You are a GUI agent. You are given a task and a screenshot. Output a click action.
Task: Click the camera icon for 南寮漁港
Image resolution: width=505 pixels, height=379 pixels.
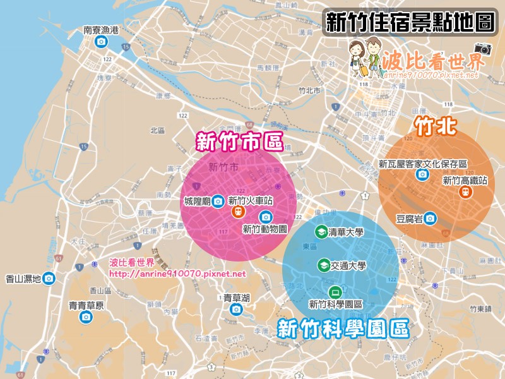pyautogui.click(x=101, y=42)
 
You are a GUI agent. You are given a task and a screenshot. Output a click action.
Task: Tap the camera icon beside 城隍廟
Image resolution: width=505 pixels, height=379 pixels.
pyautogui.click(x=217, y=201)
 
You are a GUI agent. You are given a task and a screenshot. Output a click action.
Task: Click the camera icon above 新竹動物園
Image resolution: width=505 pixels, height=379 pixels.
pyautogui.click(x=264, y=217)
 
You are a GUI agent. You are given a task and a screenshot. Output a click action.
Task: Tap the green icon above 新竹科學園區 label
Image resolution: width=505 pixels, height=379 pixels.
pyautogui.click(x=335, y=292)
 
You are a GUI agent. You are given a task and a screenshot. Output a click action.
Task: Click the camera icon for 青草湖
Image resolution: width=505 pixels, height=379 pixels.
pyautogui.click(x=236, y=309)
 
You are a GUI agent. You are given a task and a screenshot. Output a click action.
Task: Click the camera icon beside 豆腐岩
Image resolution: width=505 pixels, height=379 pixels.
pyautogui.click(x=430, y=218)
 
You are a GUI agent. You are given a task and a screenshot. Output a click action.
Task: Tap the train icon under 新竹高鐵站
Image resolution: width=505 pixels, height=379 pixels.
pyautogui.click(x=464, y=192)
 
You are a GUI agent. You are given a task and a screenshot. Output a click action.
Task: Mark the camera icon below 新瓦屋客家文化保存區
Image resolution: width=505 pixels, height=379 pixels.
pyautogui.click(x=421, y=175)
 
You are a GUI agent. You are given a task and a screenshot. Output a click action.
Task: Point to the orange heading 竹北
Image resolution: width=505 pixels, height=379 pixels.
pyautogui.click(x=435, y=126)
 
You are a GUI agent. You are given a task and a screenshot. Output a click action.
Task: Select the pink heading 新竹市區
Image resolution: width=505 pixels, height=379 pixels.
pyautogui.click(x=239, y=141)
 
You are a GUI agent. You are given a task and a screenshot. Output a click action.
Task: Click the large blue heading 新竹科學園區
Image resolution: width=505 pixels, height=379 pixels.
pyautogui.click(x=343, y=328)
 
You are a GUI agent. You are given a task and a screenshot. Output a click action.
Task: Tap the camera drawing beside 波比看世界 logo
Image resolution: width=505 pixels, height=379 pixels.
pyautogui.click(x=483, y=48)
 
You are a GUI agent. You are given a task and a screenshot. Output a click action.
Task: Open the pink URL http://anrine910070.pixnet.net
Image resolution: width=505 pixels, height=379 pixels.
pyautogui.click(x=177, y=274)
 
